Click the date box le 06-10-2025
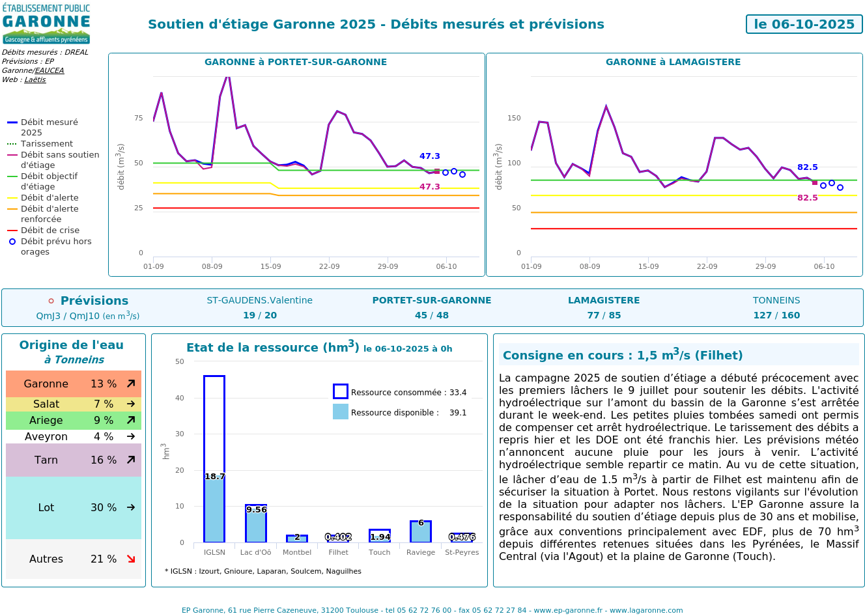pyautogui.click(x=804, y=24)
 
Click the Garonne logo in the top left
pyautogui.click(x=46, y=24)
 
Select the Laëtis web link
pyautogui.click(x=35, y=79)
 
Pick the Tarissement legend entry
pyautogui.click(x=46, y=144)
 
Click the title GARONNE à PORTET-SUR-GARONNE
pyautogui.click(x=296, y=62)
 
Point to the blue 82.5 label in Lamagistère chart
pyautogui.click(x=807, y=167)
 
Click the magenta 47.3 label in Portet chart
pyautogui.click(x=429, y=187)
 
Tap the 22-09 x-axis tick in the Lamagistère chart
pyautogui.click(x=707, y=266)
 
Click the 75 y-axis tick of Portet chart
pyautogui.click(x=138, y=118)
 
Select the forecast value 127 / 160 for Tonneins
pyautogui.click(x=776, y=315)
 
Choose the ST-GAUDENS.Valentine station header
pyautogui.click(x=259, y=300)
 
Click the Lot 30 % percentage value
pyautogui.click(x=104, y=507)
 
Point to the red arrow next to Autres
pyautogui.click(x=131, y=559)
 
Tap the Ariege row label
pyautogui.click(x=46, y=421)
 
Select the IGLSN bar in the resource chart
pyautogui.click(x=214, y=459)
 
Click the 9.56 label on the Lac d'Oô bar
pyautogui.click(x=256, y=510)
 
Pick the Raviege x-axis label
pyautogui.click(x=421, y=552)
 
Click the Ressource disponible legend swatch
pyautogui.click(x=341, y=412)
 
